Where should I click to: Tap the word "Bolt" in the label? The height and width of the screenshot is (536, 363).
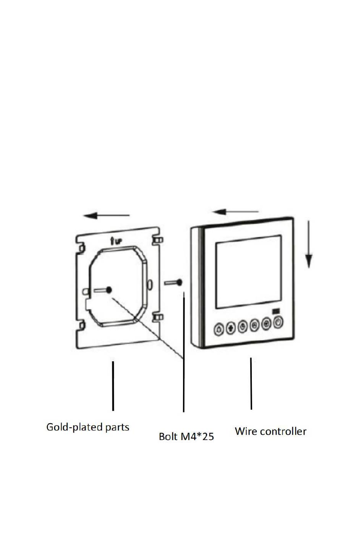(168, 436)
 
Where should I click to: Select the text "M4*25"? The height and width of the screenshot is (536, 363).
(197, 436)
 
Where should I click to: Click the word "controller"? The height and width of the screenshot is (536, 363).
(283, 431)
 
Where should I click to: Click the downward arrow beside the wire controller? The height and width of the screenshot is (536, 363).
(309, 244)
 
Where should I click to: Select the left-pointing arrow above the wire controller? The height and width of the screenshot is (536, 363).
(235, 212)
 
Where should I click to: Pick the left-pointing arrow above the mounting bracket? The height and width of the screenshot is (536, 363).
(106, 215)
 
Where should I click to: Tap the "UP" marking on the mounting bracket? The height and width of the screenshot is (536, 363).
(116, 241)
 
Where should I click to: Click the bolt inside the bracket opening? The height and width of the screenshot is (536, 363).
(103, 290)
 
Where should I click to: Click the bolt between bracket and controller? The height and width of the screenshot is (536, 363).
(173, 283)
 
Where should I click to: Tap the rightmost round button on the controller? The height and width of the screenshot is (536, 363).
(278, 322)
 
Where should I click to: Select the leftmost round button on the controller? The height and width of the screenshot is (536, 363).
(219, 329)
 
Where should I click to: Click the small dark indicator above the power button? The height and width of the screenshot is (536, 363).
(276, 311)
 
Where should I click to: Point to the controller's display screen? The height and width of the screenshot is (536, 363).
(248, 272)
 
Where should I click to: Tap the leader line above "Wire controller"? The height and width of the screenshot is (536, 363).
(251, 383)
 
